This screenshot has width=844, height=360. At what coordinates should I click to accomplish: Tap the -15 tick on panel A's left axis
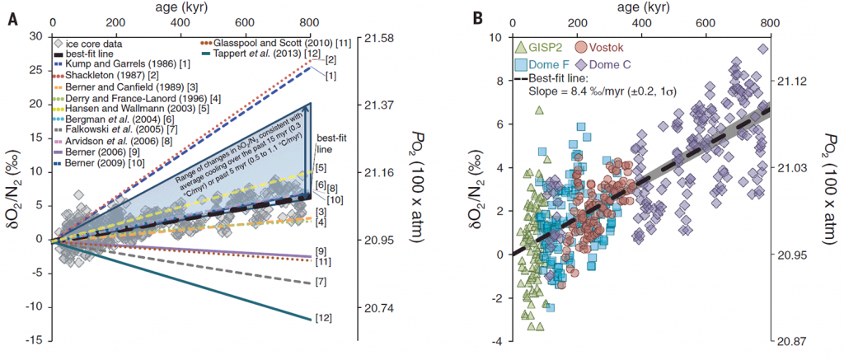point(34,340)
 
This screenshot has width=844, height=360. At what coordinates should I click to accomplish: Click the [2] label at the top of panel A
point(330,59)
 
